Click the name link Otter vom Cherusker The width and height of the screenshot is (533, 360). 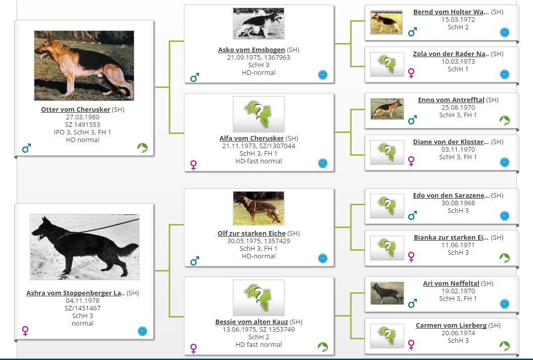point(75,110)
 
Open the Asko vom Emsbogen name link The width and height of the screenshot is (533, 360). point(252,50)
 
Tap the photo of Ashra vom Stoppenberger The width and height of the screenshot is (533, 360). point(85,247)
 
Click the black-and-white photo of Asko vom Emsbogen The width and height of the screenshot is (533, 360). point(259,23)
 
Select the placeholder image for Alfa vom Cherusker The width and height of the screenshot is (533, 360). point(259,114)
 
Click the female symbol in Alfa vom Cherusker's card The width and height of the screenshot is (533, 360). point(193,165)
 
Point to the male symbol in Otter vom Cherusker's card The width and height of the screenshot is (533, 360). point(26,148)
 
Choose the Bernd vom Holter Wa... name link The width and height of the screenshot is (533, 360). point(451,12)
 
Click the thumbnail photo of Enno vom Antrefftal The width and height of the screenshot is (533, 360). point(387,109)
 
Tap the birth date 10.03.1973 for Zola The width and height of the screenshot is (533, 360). point(458,62)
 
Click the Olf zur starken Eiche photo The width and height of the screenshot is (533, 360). point(259,208)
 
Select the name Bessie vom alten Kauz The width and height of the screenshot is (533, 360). point(252,322)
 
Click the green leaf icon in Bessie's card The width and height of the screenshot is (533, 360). point(323,347)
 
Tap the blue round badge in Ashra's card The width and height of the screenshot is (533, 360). point(142,331)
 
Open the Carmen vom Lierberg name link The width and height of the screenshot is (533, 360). point(451,326)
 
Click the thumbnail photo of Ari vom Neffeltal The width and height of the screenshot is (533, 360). point(387,293)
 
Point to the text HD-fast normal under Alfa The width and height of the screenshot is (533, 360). point(259,161)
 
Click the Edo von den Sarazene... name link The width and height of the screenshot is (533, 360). point(452,196)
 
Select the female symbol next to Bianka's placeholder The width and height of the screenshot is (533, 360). point(411,256)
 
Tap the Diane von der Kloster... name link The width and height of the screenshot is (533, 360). point(451,142)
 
